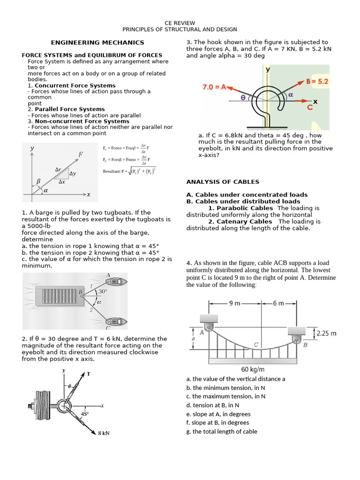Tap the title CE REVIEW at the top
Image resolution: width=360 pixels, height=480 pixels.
pos(180,23)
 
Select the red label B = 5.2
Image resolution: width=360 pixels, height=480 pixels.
pos(317,82)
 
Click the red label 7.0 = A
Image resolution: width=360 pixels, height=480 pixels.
pos(214,87)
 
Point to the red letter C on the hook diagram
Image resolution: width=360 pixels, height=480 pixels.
pos(309,107)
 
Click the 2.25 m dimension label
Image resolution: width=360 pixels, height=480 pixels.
pos(327,334)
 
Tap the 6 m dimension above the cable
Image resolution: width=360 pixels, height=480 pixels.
pos(278,303)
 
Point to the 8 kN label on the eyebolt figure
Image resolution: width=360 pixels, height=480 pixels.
pos(104,433)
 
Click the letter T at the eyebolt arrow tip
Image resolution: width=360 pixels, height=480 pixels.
pos(88,374)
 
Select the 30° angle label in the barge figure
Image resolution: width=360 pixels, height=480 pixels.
pos(103,291)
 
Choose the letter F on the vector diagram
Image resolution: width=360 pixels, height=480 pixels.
pos(81,153)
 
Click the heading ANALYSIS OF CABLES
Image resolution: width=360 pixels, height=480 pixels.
pos(223,182)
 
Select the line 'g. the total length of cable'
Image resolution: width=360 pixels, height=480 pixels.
pos(221,432)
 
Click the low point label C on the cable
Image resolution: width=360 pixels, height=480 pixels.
pos(256,345)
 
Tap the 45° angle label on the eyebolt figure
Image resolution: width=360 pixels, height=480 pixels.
pos(84,414)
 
